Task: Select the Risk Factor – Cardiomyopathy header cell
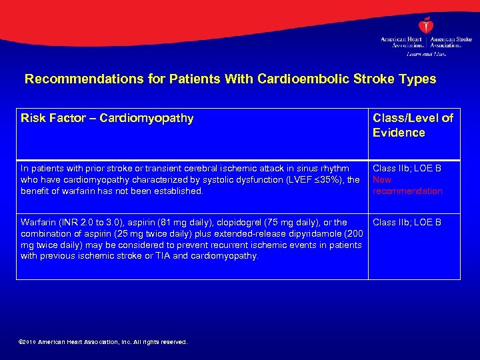(x=107, y=119)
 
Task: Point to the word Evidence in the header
(x=399, y=133)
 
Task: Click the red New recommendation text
(x=407, y=185)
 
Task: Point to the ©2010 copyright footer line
(x=104, y=342)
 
